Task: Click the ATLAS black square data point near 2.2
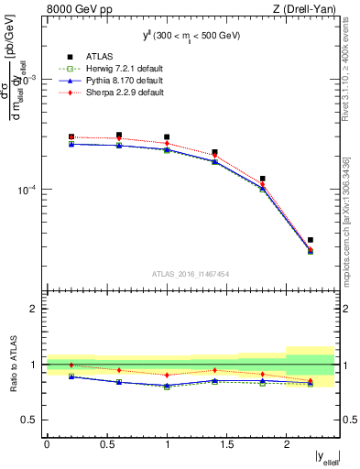pos(311,240)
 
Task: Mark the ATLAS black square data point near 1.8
pos(263,179)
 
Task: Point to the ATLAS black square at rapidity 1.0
pos(167,137)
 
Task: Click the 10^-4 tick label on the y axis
pos(25,191)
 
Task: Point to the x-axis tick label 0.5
pos(106,443)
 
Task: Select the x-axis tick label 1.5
pos(226,443)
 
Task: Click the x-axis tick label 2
pos(286,443)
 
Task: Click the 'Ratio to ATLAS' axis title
pos(11,364)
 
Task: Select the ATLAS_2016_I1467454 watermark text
pos(191,273)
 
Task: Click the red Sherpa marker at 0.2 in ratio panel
pos(71,365)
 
